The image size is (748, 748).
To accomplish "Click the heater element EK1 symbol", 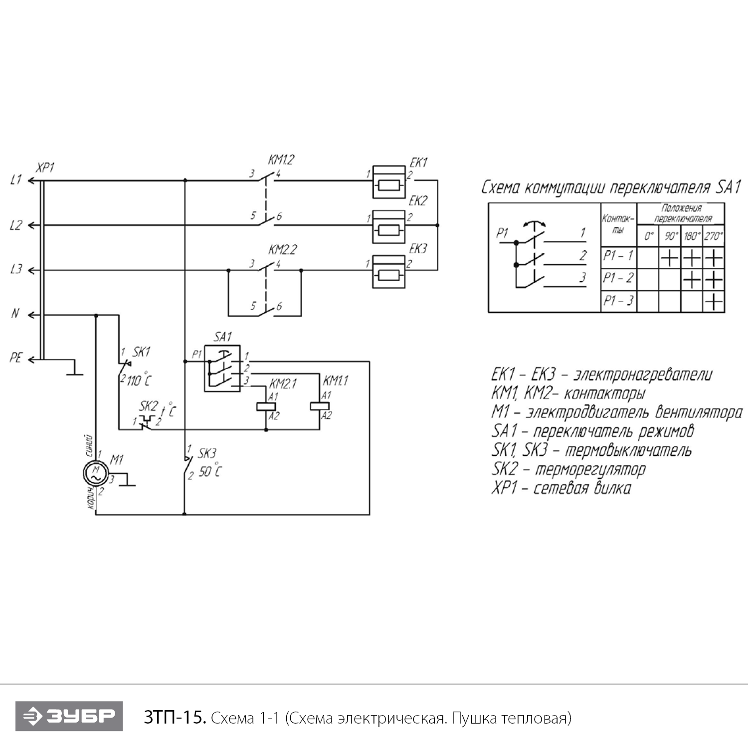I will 389,182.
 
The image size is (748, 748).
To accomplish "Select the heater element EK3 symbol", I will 389,271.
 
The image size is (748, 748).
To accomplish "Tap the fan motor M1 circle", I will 95,472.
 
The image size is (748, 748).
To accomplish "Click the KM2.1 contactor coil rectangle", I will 266,406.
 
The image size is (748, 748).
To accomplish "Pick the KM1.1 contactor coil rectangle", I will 320,405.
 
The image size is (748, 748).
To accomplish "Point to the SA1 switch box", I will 222,368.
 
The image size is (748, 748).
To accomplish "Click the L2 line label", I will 16,225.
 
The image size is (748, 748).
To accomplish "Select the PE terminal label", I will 16,358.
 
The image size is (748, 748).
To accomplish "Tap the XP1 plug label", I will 45,168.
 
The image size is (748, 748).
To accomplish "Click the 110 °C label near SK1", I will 139,380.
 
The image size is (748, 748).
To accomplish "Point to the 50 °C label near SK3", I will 210,471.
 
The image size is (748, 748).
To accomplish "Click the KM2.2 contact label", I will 282,249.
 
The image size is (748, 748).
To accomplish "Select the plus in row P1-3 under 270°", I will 714,302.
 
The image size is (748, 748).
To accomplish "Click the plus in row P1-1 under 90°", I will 670,258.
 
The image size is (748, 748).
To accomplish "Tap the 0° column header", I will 648,236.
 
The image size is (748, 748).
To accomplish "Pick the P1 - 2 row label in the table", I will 618,278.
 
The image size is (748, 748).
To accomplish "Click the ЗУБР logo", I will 69,717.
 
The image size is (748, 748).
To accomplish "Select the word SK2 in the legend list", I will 504,469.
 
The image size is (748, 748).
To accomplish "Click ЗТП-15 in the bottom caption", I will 175,718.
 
